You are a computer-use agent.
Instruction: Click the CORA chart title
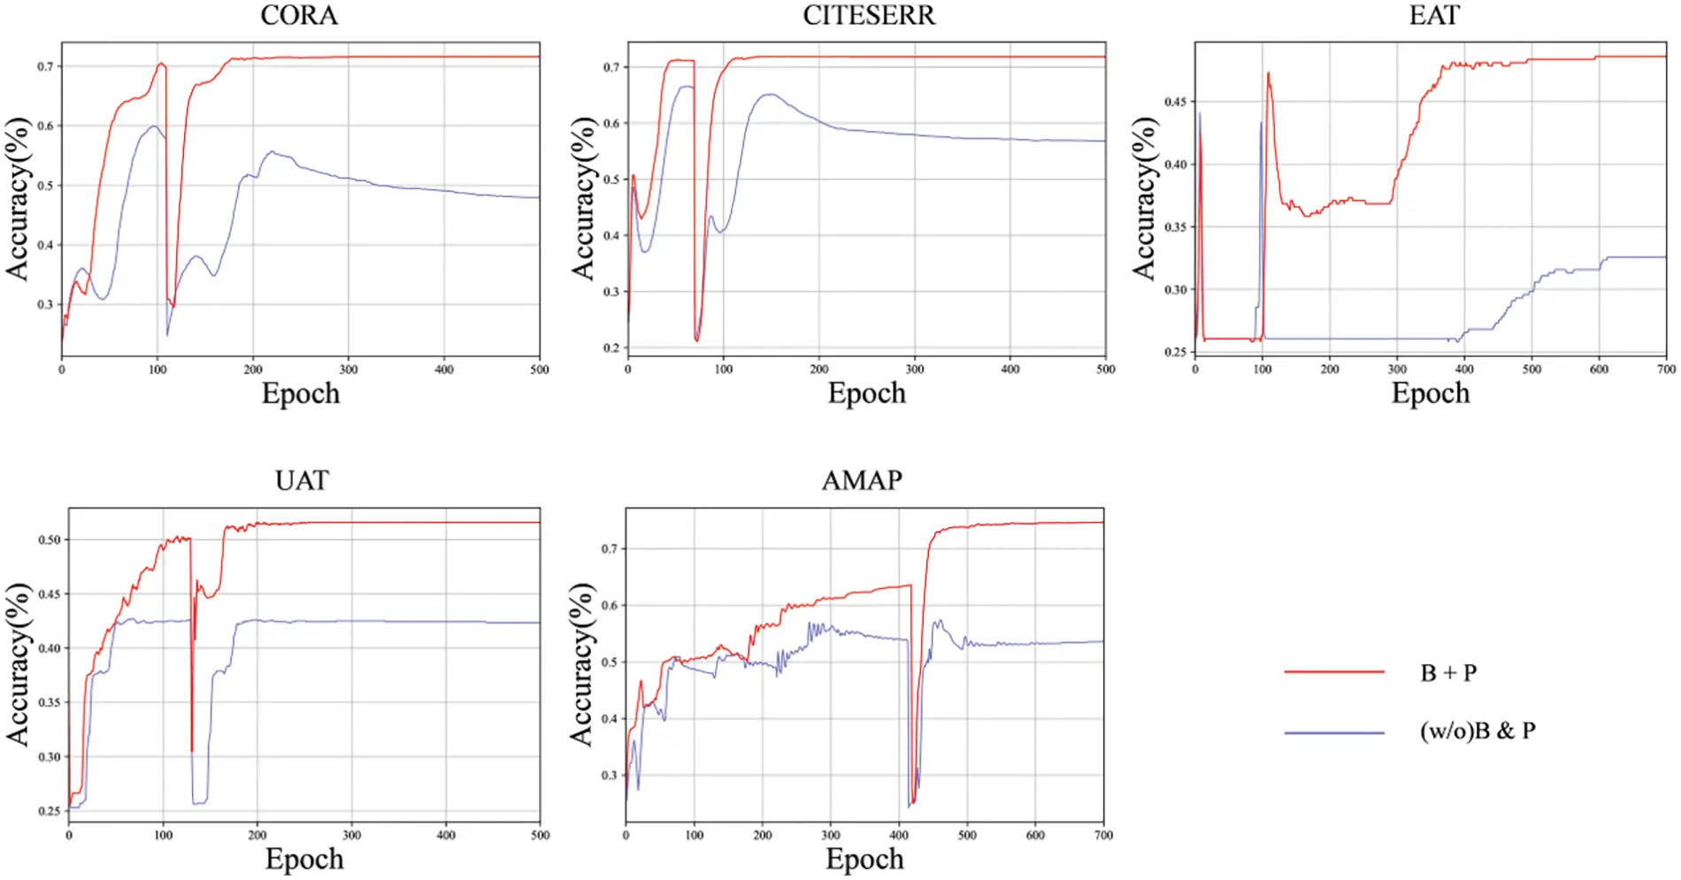[x=299, y=15]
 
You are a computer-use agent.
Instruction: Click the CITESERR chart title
[x=868, y=15]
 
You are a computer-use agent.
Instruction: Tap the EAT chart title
[x=1433, y=15]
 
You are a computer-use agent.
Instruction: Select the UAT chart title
[x=302, y=480]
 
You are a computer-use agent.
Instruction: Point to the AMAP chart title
[x=862, y=480]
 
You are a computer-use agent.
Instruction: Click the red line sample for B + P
[x=1334, y=672]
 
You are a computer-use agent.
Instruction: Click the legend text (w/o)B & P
[x=1478, y=731]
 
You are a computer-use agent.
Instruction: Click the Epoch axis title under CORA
[x=300, y=394]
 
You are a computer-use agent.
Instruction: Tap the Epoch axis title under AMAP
[x=864, y=859]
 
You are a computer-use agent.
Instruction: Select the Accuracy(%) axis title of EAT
[x=1144, y=199]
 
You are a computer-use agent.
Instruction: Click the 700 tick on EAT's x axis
[x=1666, y=370]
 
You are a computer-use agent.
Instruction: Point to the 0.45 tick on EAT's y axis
[x=1175, y=102]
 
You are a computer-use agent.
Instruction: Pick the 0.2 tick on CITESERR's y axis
[x=611, y=348]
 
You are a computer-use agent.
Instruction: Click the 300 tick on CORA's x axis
[x=349, y=370]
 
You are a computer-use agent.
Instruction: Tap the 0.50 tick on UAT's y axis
[x=50, y=540]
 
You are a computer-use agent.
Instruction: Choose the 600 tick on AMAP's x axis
[x=1035, y=835]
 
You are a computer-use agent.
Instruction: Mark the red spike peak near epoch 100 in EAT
[x=1268, y=73]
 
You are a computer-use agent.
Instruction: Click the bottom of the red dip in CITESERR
[x=697, y=341]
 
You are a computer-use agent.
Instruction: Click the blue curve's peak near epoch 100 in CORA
[x=155, y=126]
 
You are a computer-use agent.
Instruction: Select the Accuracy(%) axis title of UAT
[x=18, y=664]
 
